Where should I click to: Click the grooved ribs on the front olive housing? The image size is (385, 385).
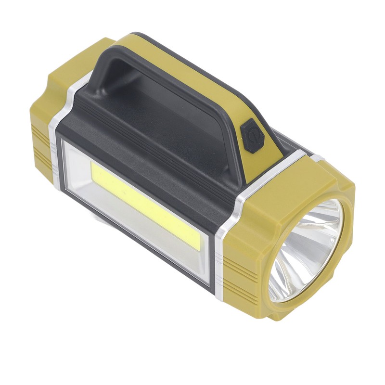click(241, 279)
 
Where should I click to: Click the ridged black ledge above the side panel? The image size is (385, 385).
click(144, 149)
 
